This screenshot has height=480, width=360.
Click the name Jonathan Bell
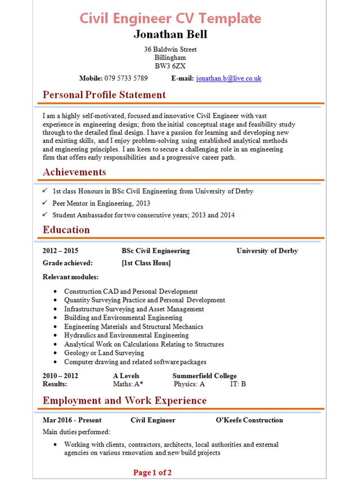[x=170, y=34]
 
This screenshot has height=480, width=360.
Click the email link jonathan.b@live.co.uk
[x=229, y=78]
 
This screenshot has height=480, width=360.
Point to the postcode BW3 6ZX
[x=170, y=65]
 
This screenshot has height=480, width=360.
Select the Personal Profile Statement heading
[x=104, y=95]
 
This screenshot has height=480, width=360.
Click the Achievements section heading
[x=74, y=172]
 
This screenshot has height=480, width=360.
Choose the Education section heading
[x=66, y=230]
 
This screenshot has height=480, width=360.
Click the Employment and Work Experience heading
[x=124, y=401]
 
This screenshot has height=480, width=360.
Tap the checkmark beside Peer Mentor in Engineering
[x=45, y=203]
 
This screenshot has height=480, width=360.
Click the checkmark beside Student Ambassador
[x=45, y=215]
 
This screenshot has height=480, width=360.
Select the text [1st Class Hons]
[x=146, y=263]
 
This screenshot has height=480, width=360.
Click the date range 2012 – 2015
[x=60, y=251]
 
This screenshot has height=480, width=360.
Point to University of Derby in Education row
[x=267, y=251]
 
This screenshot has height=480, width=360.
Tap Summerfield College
[x=204, y=376]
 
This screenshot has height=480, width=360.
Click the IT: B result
[x=238, y=384]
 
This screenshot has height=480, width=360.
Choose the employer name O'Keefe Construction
[x=249, y=420]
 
